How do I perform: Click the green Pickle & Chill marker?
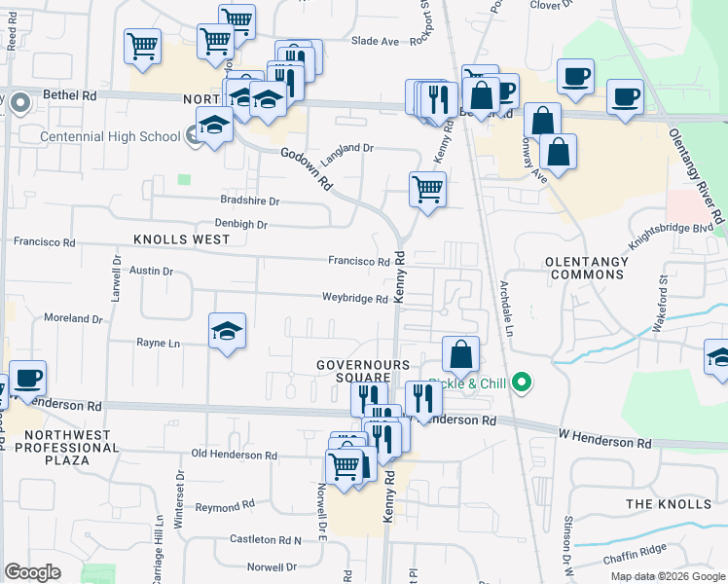point(523,383)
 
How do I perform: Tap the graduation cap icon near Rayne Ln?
point(227,331)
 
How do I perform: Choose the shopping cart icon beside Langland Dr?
point(427,190)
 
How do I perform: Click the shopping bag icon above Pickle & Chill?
point(461,354)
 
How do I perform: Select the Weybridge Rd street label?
point(355,299)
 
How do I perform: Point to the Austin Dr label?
point(151,272)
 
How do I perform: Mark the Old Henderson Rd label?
point(234,455)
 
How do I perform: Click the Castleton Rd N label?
point(265,539)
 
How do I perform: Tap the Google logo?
point(32,572)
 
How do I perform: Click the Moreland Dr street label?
point(73,318)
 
